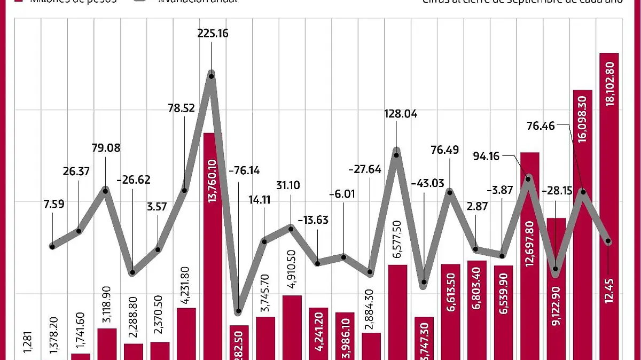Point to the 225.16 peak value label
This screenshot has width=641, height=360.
tap(213, 34)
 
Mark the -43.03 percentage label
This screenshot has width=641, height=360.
tap(427, 184)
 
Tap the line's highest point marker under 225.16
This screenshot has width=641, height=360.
tap(212, 76)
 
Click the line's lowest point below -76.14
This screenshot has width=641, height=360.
tap(238, 311)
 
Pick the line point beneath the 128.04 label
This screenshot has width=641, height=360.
tap(397, 155)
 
